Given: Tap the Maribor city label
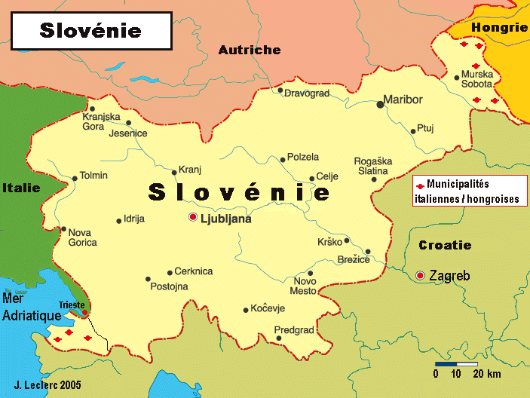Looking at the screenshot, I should click(403, 99).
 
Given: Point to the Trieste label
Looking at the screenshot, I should click(72, 305).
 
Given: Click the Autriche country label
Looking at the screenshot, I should click(250, 51).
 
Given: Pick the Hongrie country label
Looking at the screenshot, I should click(499, 28).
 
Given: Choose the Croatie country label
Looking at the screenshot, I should click(445, 245).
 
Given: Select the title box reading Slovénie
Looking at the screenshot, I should click(90, 30).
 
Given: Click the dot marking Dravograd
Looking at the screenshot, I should click(280, 90).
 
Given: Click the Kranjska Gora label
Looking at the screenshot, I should click(102, 121).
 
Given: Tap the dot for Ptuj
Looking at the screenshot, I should click(413, 132).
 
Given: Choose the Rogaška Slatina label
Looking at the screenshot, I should click(373, 166).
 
